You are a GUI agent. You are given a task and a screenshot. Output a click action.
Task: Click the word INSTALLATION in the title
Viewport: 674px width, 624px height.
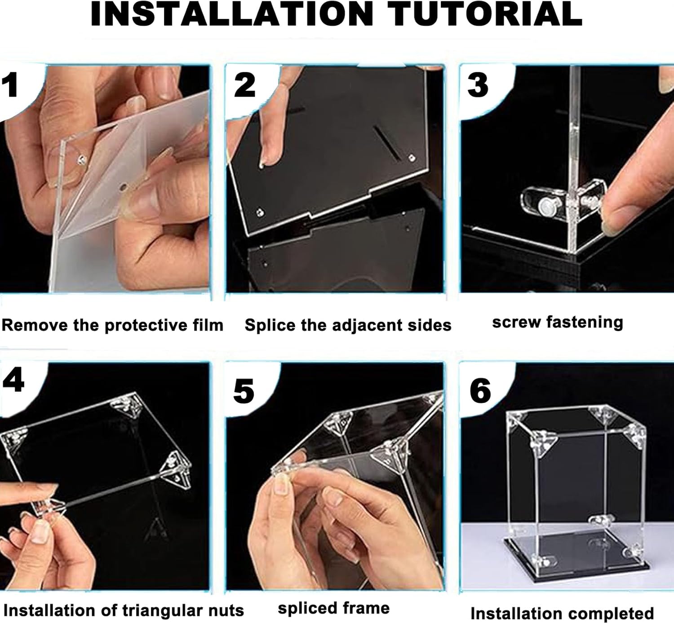(232, 14)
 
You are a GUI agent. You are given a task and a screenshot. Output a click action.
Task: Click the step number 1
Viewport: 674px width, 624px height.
(10, 85)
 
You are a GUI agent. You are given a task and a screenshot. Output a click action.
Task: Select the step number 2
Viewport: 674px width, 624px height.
(244, 85)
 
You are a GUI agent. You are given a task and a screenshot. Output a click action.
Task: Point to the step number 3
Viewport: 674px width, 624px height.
(478, 85)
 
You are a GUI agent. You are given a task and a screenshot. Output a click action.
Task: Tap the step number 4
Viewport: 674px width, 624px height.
(13, 381)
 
